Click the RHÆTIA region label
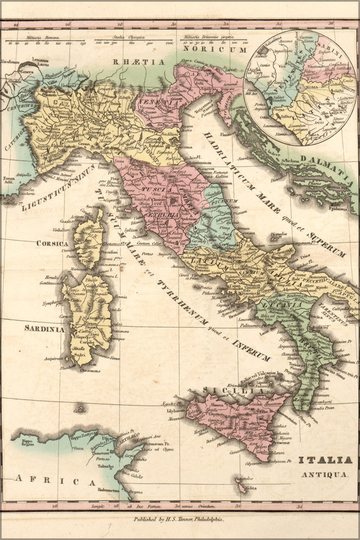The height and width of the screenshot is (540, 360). tap(139, 62)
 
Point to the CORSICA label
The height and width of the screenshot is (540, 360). tap(52, 244)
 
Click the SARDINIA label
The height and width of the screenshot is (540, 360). tap(44, 328)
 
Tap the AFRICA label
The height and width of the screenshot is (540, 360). tap(55, 480)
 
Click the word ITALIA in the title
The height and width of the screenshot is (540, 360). tap(329, 460)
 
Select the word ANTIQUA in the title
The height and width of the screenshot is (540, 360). tap(329, 474)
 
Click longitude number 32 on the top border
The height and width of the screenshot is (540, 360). tap(226, 24)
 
